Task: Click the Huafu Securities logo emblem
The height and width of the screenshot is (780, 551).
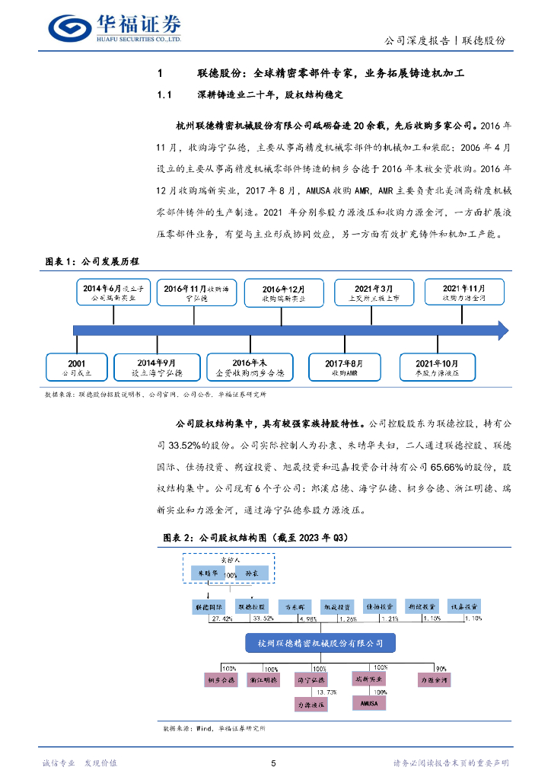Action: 70,27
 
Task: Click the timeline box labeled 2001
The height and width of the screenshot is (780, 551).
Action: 76,367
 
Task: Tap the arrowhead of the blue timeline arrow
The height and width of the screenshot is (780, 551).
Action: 501,331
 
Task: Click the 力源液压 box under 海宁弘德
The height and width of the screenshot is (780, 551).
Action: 312,705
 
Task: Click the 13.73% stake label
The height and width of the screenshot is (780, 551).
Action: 326,692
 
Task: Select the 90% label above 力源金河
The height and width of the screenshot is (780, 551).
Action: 441,667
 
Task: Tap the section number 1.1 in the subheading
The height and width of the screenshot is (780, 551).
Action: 166,95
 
